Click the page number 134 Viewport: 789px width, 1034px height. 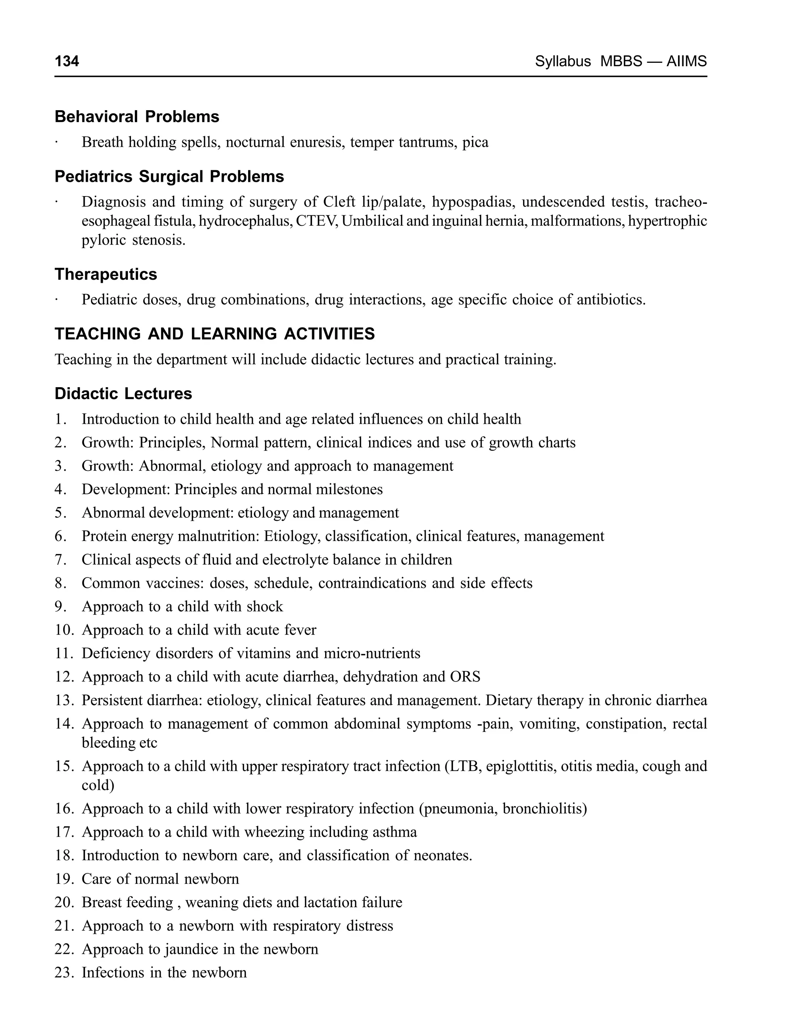tap(67, 61)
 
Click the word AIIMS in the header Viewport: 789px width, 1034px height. tap(686, 61)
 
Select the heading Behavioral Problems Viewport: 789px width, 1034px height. tap(137, 116)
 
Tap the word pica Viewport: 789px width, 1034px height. tap(475, 142)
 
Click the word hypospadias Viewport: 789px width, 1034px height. tap(472, 202)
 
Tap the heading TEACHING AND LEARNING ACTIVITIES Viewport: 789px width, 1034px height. tap(215, 334)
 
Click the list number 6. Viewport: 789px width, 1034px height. tap(60, 536)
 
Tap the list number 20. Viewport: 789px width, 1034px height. tap(64, 903)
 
